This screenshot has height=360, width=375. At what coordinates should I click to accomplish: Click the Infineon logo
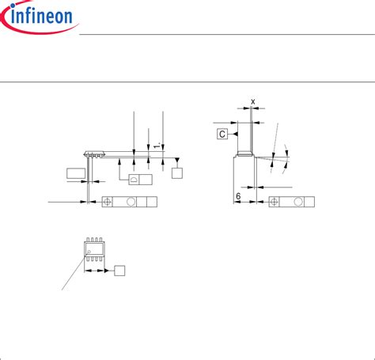tap(40, 17)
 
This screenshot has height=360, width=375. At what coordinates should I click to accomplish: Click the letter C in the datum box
tap(222, 134)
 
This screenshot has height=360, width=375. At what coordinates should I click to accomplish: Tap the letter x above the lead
tap(253, 101)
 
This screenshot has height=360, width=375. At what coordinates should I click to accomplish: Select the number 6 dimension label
tap(237, 196)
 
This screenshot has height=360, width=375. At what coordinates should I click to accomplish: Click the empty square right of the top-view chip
tap(120, 271)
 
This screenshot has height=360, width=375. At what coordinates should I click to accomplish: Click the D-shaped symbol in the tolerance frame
tap(134, 180)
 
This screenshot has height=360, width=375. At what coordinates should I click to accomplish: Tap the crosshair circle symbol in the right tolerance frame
tap(275, 203)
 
